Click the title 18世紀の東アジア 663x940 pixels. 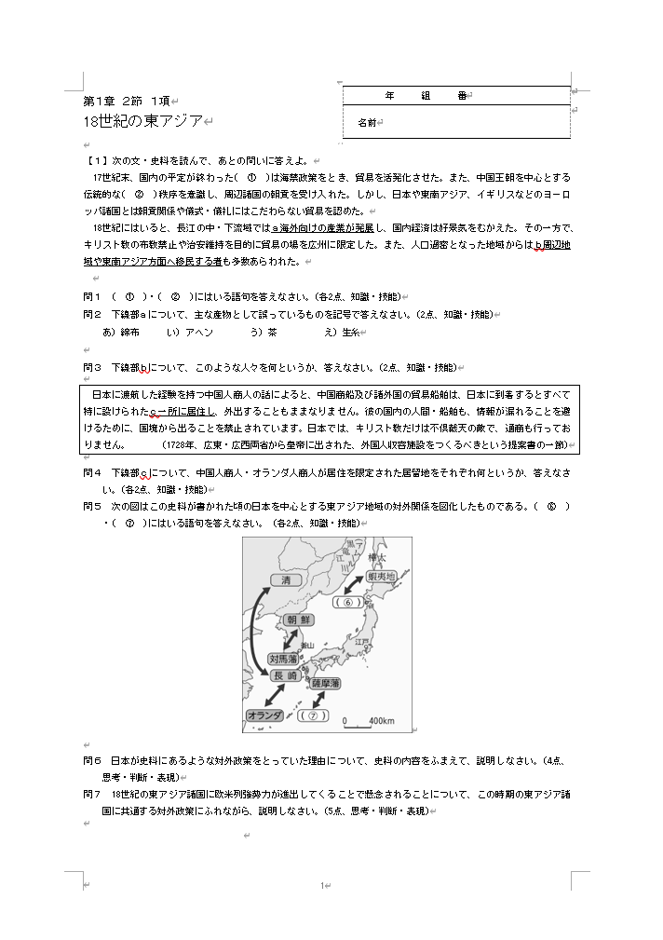(x=142, y=121)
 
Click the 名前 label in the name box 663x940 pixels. (x=367, y=122)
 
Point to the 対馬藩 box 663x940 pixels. (x=282, y=659)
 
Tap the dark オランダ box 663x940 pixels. (x=264, y=715)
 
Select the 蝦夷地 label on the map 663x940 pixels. (x=381, y=577)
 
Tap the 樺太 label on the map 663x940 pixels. (x=376, y=557)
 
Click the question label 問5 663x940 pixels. (x=92, y=505)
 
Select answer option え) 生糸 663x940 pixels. (x=342, y=332)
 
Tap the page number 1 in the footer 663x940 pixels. (x=321, y=885)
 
